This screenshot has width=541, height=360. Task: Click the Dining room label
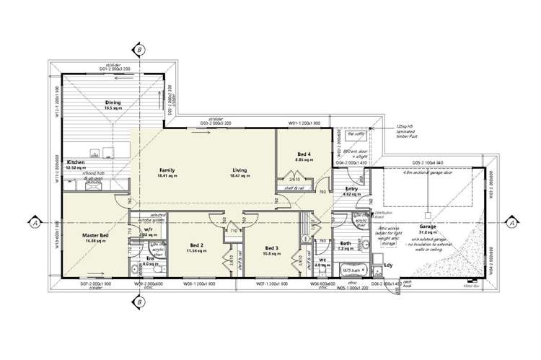pyautogui.click(x=113, y=102)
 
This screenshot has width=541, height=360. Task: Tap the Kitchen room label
pyautogui.click(x=76, y=162)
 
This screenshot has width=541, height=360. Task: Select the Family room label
pyautogui.click(x=167, y=170)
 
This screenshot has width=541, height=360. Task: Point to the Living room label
pyautogui.click(x=239, y=170)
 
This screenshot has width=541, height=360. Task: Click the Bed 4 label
pyautogui.click(x=304, y=154)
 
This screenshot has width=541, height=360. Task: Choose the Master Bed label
pyautogui.click(x=95, y=236)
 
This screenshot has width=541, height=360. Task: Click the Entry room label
pyautogui.click(x=352, y=189)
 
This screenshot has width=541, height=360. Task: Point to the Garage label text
pyautogui.click(x=428, y=227)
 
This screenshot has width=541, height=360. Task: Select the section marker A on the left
pyautogui.click(x=34, y=222)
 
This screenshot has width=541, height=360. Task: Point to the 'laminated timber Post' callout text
pyautogui.click(x=408, y=131)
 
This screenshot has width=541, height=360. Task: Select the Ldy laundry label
pyautogui.click(x=388, y=265)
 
